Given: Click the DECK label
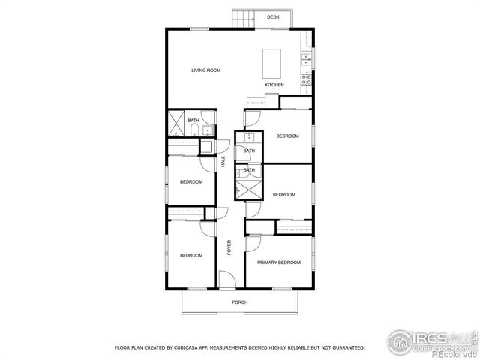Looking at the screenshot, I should (273, 16).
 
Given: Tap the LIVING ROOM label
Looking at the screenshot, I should (205, 70).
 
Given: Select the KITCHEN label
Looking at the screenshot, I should (274, 85).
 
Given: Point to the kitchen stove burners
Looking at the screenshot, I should (307, 78).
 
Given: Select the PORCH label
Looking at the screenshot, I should (239, 302).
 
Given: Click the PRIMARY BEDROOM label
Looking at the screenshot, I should (278, 262).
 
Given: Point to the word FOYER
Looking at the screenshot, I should (229, 246).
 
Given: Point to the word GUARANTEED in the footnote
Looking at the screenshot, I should (346, 348).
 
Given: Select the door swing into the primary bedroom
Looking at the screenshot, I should (252, 243).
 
